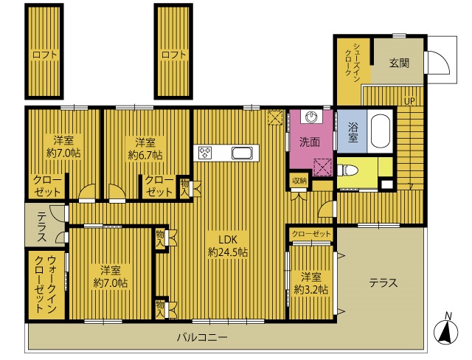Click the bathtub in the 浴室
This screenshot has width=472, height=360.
(381, 131)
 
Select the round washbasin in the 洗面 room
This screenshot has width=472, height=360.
(311, 117)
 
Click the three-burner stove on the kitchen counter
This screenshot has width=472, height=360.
(205, 153)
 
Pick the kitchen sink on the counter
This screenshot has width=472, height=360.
(242, 153)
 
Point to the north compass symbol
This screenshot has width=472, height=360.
(445, 330)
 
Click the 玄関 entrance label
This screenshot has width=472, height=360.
(400, 63)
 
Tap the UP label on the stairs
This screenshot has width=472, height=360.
(409, 101)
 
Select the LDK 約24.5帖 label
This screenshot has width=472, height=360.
(228, 246)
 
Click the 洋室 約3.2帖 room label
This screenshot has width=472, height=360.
(311, 283)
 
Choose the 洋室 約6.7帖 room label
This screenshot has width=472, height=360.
(145, 149)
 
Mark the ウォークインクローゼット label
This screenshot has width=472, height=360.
(46, 284)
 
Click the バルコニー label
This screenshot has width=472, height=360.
(202, 337)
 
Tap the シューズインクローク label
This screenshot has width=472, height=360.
(352, 60)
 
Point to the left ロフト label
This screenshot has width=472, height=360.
(44, 55)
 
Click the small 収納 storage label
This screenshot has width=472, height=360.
(299, 181)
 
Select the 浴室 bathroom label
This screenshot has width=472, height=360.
(353, 132)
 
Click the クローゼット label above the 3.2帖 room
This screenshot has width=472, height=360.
(311, 234)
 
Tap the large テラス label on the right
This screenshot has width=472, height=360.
(383, 283)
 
